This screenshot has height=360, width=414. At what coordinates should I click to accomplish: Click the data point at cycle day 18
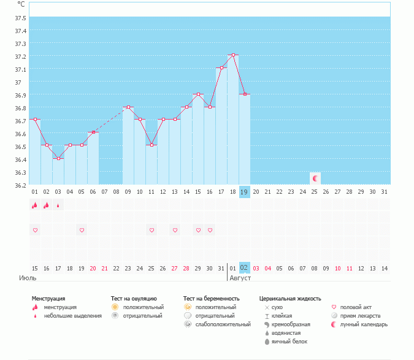pos(233,55)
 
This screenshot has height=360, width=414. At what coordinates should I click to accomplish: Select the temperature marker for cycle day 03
pos(58,158)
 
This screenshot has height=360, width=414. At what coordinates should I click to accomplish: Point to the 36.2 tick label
pos(20,185)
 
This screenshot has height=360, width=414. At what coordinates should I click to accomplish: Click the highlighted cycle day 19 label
pos(244,192)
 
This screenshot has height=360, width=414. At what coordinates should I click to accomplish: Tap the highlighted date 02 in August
pos(244,268)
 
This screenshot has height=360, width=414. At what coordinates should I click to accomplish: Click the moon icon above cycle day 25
pos(315,178)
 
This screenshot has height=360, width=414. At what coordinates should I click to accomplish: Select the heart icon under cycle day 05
pos(82,230)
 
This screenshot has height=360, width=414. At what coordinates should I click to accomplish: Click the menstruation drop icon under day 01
pos(35,205)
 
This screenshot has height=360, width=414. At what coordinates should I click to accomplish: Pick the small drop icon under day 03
pos(58,206)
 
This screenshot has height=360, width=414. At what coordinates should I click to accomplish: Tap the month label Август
pos(240,277)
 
